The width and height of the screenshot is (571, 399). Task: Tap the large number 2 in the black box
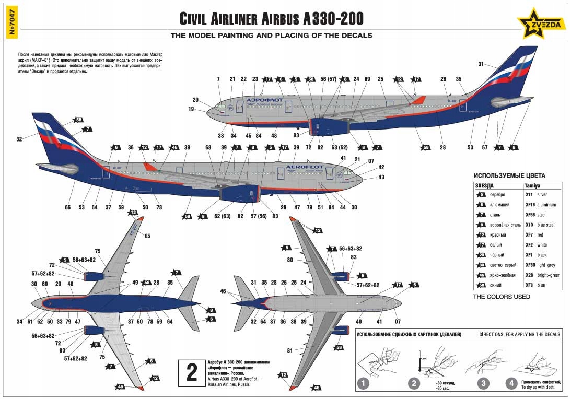coord(192,372)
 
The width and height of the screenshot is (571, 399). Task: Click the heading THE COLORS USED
coord(502,297)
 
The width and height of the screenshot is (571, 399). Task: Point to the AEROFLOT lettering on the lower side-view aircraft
coord(305,167)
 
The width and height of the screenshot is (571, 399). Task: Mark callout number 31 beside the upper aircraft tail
coord(481,64)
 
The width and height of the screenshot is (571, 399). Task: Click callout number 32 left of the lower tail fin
coord(19,139)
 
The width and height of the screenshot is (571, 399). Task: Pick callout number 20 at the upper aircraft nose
coord(195,100)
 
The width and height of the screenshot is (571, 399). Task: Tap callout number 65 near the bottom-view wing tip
coord(148,236)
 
